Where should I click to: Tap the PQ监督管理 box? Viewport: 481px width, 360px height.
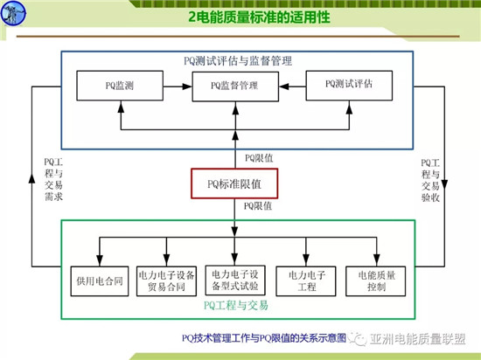click(x=234, y=87)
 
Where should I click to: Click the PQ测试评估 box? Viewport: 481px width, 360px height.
click(x=347, y=86)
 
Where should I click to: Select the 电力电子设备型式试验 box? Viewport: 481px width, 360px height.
click(x=234, y=280)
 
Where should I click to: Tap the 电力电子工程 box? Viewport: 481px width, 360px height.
click(x=303, y=280)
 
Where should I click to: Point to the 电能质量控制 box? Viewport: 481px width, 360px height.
click(x=371, y=280)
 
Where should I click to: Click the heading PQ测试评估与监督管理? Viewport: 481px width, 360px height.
click(x=234, y=61)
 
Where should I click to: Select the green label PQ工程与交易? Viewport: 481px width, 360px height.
click(x=234, y=306)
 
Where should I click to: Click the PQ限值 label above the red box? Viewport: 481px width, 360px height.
click(x=258, y=158)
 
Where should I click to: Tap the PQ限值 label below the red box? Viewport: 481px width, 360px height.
click(x=258, y=206)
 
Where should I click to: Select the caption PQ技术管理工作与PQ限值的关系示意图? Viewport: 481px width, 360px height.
click(x=263, y=336)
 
